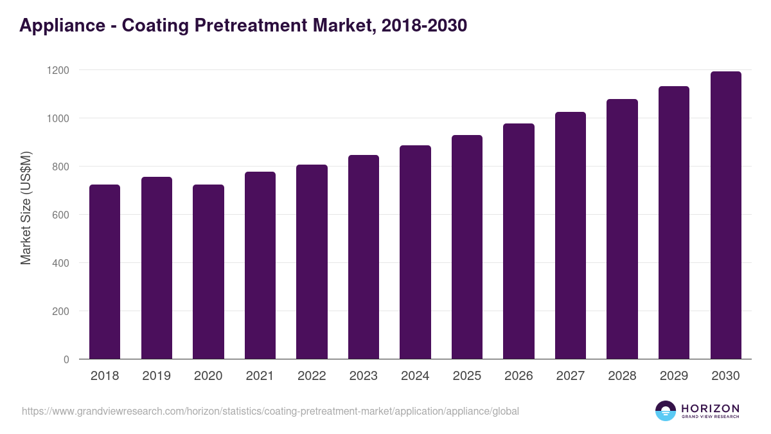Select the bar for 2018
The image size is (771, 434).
105,272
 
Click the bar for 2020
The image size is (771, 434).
208,272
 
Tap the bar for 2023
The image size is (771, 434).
363,257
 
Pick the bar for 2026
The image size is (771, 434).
518,241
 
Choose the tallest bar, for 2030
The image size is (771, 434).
725,215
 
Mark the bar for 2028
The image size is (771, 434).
622,229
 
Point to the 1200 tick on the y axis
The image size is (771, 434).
58,70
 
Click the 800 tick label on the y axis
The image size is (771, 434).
60,167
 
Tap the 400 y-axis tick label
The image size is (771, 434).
60,263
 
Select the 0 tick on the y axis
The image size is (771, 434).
66,359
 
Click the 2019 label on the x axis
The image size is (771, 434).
156,376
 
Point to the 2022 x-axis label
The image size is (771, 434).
312,376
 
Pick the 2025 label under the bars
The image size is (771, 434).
466,376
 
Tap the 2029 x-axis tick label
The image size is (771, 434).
673,376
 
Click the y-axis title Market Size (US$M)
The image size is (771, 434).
26,207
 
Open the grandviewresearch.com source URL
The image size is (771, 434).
270,411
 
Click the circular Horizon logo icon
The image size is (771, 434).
666,411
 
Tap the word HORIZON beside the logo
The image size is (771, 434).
710,408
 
